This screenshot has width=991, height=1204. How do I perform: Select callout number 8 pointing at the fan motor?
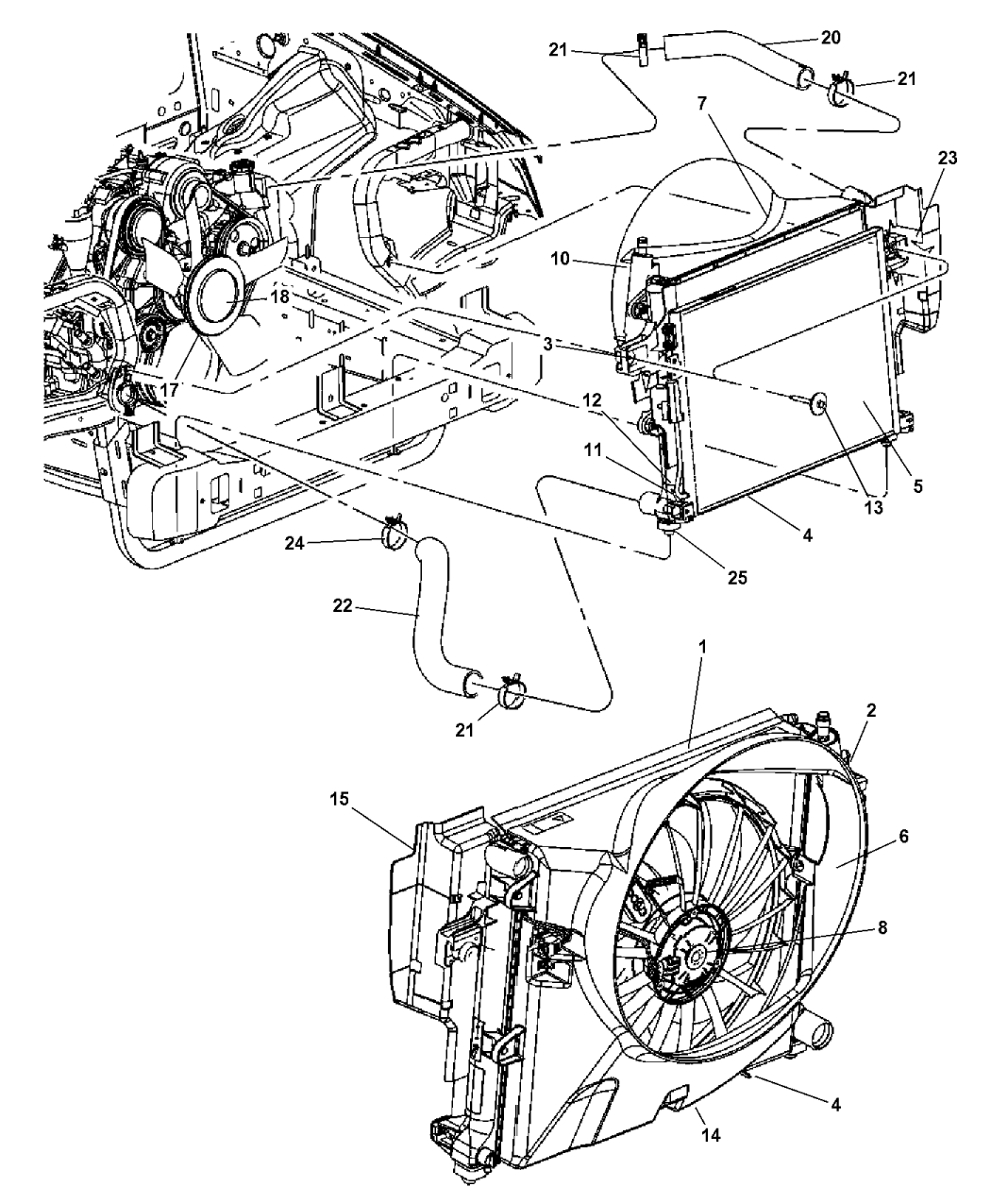tap(882, 927)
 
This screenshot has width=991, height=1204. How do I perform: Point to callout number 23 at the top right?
tap(947, 159)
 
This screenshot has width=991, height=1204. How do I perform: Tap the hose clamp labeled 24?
tap(395, 536)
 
